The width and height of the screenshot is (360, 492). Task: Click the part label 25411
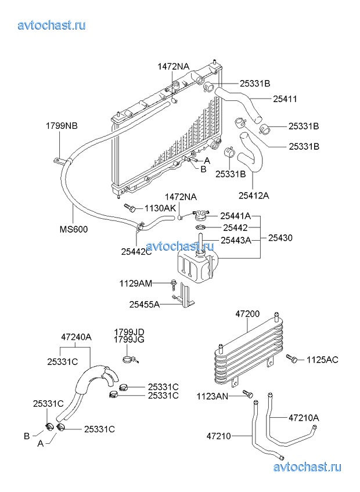pos(285,99)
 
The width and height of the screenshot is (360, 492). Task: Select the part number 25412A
pos(254,195)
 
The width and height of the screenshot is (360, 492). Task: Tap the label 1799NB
pos(62,125)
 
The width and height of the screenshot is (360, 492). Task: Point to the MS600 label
pos(74,229)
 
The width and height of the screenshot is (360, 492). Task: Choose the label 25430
pos(280,238)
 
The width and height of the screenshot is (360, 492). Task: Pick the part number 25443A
pos(235,239)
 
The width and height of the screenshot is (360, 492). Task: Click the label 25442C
pos(136,251)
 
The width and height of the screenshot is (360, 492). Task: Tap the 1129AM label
pos(136,283)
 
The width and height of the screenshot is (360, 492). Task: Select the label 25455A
pos(145,303)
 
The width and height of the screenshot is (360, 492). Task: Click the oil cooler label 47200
pos(248,314)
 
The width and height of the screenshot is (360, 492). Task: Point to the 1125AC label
pos(322,360)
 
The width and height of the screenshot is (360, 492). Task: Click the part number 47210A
pos(304,417)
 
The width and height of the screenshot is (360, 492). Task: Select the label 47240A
pos(77,337)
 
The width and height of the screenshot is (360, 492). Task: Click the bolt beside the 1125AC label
pos(294,360)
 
